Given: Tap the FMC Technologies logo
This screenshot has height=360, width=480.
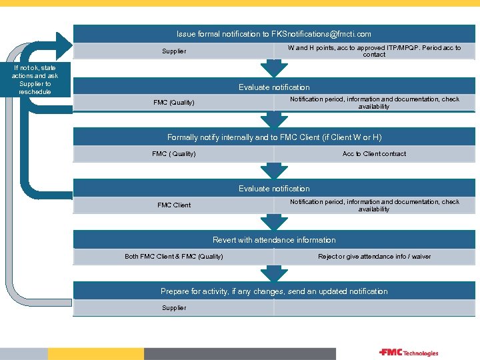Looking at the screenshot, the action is tap(409, 353).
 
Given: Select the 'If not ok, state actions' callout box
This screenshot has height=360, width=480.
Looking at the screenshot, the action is tap(35, 79).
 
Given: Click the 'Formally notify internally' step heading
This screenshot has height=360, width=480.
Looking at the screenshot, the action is tap(274, 137).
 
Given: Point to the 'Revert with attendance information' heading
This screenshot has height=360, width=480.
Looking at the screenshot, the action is tap(274, 240).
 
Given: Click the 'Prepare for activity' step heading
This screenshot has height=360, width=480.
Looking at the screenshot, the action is tap(274, 291).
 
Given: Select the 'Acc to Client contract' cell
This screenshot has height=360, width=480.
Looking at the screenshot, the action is tap(374, 154).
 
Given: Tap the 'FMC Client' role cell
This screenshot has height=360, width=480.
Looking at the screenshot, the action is tap(174, 205).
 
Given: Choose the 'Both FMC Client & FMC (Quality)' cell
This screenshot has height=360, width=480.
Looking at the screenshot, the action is tap(174, 257).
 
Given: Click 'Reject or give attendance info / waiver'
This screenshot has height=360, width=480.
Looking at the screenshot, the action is tap(374, 257).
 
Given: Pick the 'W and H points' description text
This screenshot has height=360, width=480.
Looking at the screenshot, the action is tap(374, 51).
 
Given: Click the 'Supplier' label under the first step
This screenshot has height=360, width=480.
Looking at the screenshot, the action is tap(174, 51).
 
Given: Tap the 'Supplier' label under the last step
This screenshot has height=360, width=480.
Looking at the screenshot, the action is tap(174, 308).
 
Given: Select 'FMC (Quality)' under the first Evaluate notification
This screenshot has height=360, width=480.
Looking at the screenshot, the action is tap(174, 103).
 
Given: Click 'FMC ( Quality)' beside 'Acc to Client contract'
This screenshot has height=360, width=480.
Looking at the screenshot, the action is tap(174, 154).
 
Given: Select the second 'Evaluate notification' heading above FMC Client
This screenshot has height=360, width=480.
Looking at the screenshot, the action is tap(274, 189).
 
